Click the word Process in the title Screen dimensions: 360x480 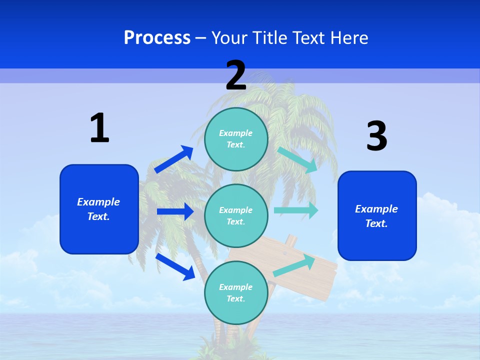157,38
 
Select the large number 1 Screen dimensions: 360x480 99,128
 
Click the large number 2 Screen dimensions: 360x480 236,75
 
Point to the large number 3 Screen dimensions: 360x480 376,136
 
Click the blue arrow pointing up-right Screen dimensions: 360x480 173,159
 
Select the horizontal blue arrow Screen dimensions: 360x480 175,211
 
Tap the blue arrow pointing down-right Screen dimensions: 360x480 175,266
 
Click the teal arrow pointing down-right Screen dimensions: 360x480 297,160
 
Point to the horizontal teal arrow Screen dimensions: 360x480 296,210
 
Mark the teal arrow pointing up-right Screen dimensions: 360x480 294,265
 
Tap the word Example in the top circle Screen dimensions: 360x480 236,133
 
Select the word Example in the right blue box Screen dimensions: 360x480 376,209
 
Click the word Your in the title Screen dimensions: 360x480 228,38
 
